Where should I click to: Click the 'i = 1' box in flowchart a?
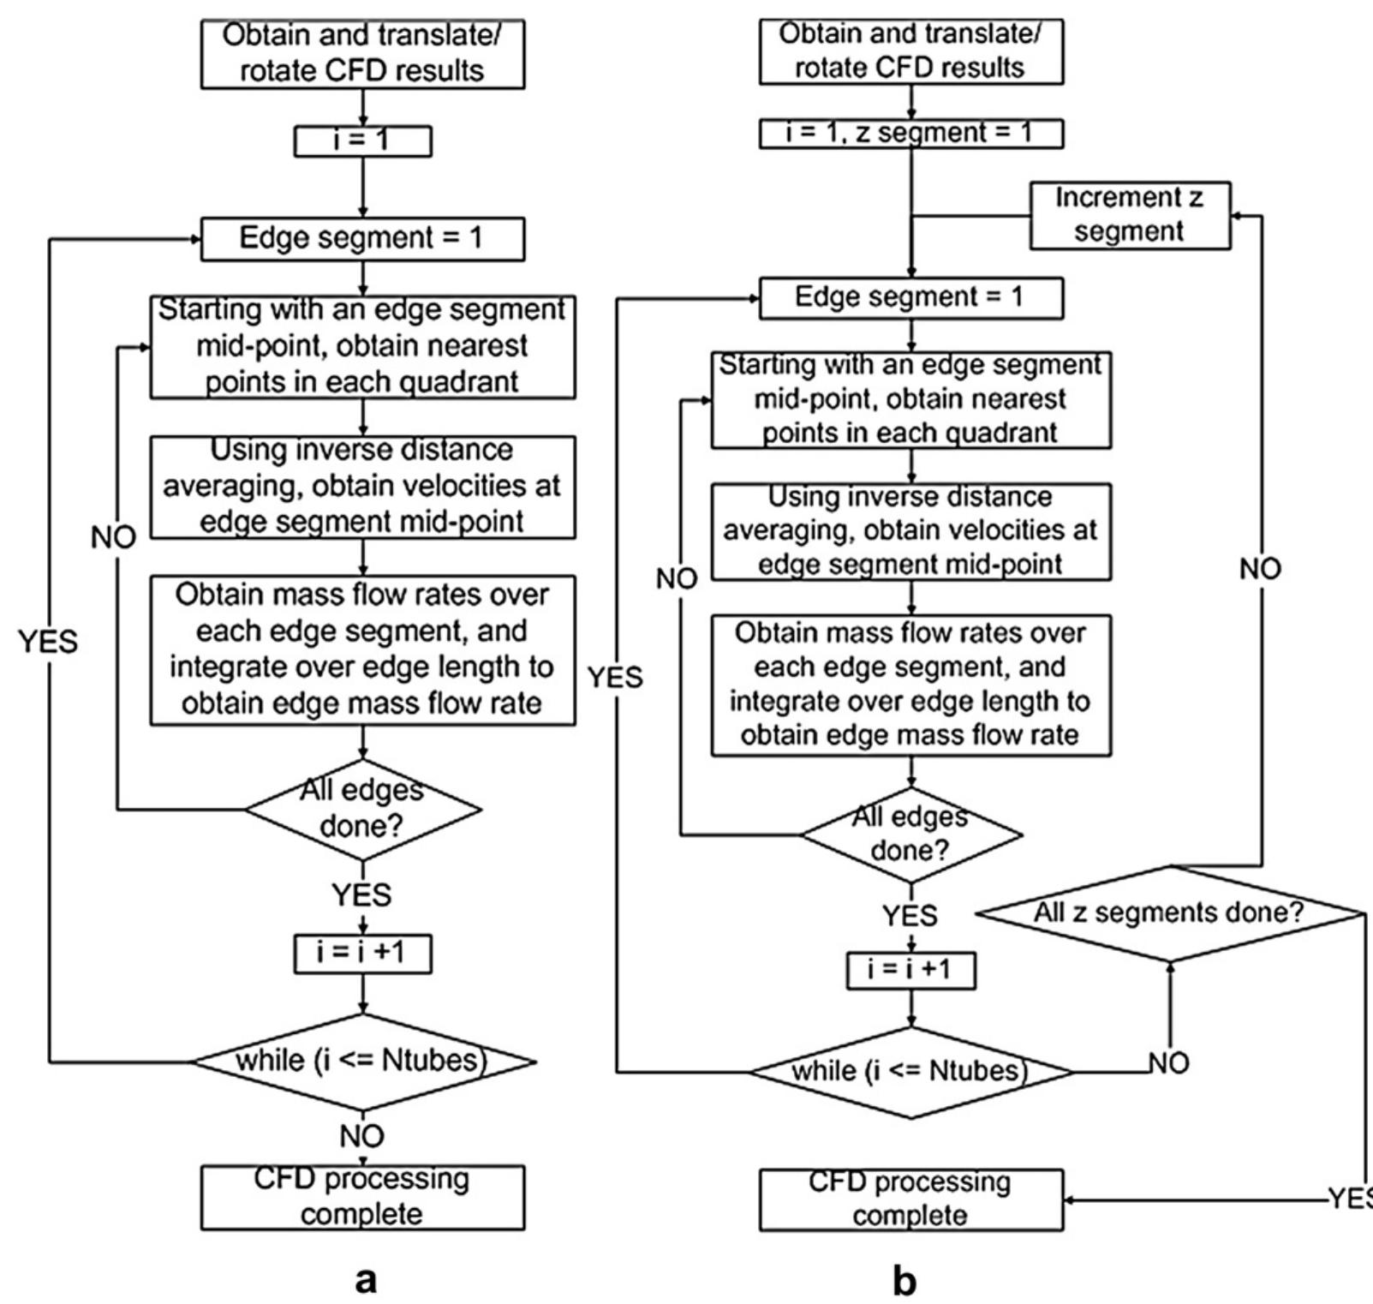362,141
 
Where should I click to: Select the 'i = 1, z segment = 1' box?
910,134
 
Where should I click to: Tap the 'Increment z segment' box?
1129,215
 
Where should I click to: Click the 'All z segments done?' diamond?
1169,912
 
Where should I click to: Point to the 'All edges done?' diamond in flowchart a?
362,808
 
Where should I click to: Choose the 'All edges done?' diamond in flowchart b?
910,834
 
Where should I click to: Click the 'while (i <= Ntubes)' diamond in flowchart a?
362,1062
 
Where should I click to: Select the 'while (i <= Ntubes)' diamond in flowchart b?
910,1072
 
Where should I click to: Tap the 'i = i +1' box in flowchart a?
362,954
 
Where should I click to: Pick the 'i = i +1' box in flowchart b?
910,970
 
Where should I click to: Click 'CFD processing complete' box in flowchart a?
362,1197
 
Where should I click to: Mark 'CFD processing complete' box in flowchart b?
910,1199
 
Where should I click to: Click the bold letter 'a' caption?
366,1280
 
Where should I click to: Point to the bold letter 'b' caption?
904,1282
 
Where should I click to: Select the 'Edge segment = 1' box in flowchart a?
362,238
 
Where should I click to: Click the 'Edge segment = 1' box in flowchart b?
910,297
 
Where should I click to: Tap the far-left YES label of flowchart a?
48,641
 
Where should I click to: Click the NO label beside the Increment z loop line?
1260,569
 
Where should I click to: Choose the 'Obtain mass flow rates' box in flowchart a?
362,649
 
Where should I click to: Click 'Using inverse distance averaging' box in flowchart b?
910,531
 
